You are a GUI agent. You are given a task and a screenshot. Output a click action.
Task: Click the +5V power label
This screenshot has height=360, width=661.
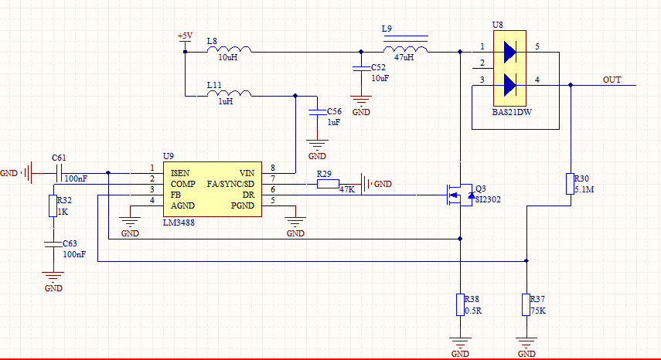point(185,36)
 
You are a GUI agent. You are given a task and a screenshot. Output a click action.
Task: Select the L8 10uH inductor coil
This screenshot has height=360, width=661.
point(230,51)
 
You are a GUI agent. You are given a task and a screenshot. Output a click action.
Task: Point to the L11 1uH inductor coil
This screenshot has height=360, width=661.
point(230,95)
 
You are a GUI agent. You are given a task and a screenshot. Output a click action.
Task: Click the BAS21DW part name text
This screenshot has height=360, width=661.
point(512,113)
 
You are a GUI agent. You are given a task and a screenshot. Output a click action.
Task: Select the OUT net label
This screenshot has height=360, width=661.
point(612,80)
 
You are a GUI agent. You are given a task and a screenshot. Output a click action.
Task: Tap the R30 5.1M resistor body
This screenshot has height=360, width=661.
point(570,184)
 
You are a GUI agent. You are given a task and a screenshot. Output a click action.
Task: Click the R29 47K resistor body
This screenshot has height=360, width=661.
point(328,184)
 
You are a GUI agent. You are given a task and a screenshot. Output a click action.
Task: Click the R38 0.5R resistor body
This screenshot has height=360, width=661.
point(460,304)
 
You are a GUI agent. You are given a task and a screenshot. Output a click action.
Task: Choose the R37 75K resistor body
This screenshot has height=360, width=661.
point(526,304)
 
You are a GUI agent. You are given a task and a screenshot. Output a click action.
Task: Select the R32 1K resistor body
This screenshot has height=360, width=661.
point(53,206)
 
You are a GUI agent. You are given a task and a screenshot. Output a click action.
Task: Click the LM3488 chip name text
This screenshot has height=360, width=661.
point(179,222)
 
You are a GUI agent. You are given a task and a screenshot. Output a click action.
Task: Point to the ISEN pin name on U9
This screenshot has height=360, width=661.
point(182,172)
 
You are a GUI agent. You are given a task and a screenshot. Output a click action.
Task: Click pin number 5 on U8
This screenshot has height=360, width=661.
point(537,47)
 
